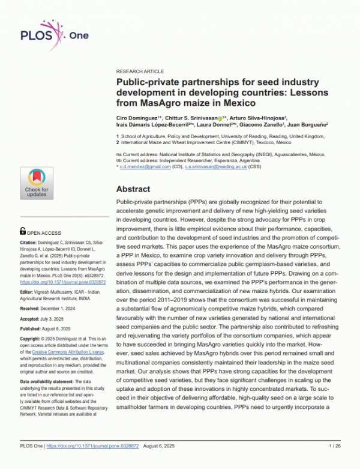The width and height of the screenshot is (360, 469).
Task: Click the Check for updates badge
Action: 37,183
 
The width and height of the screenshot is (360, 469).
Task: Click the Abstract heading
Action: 137,189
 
